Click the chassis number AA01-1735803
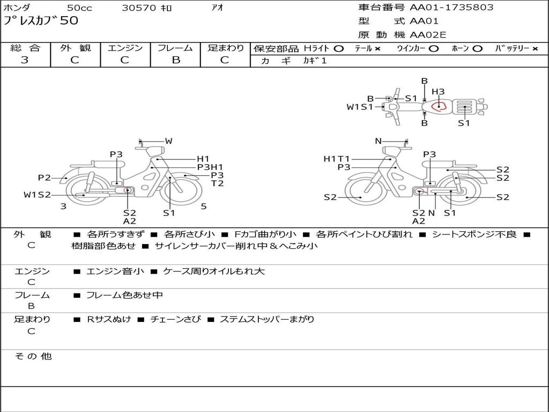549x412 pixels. coord(451,8)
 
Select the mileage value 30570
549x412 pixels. coord(139,8)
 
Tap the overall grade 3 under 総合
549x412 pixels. coord(25,60)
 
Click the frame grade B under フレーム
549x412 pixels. coord(176,60)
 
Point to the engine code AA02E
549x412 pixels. coord(428,35)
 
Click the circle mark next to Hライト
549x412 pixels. coord(339,49)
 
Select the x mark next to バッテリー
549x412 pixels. coord(535,49)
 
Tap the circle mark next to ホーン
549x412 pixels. coord(477,49)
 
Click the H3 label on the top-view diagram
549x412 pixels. coord(438,91)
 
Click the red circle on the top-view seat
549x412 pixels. coord(432,106)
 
